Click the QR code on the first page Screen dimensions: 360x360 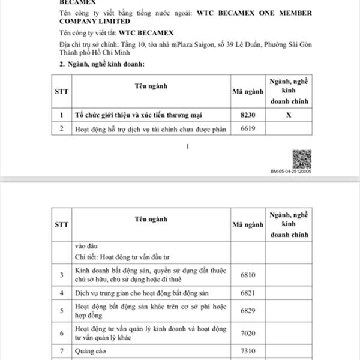point(301,158)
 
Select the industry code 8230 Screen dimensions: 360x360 point(248,114)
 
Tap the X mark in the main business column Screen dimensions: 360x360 point(289,114)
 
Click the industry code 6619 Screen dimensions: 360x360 point(248,128)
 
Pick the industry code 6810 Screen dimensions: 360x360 point(248,274)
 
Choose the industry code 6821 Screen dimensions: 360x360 point(248,293)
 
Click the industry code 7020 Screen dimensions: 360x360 point(248,332)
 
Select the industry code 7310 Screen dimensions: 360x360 point(248,349)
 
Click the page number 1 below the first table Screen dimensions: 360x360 point(188,146)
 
